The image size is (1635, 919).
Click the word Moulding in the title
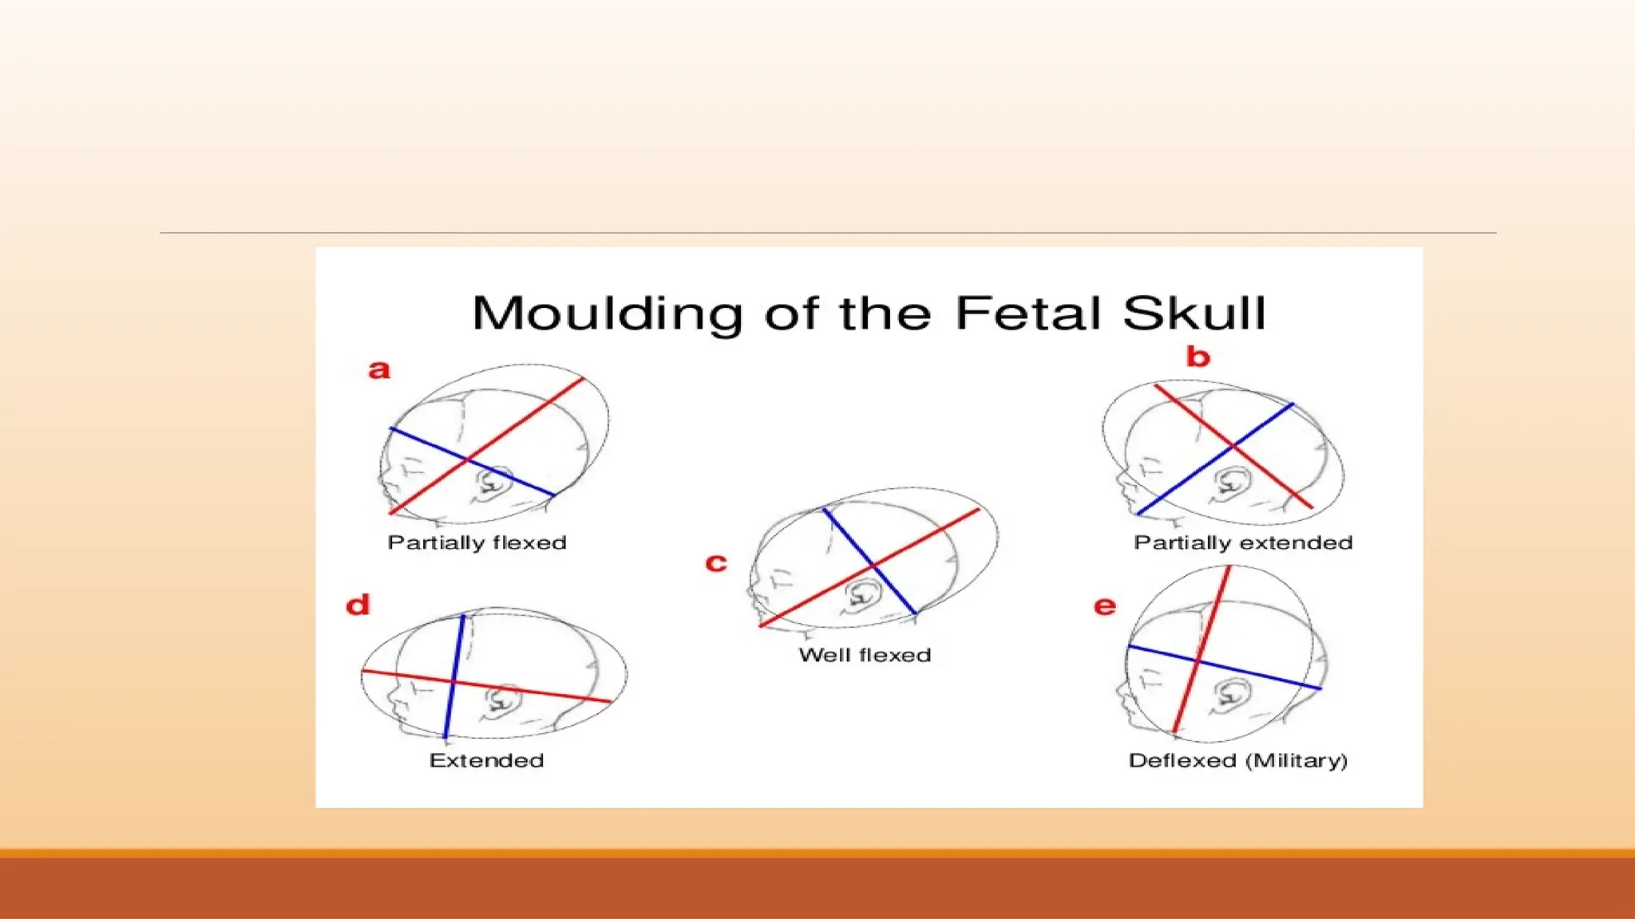click(608, 313)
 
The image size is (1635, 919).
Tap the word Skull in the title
click(1194, 313)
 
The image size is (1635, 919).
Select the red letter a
click(379, 369)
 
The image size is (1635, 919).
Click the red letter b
click(1198, 357)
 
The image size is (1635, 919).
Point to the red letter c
click(716, 563)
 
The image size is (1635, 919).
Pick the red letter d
click(358, 605)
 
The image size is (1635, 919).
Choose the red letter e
click(1105, 606)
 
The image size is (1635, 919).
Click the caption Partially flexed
click(477, 542)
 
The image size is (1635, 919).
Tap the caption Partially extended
click(1243, 542)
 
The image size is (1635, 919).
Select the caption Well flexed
click(865, 655)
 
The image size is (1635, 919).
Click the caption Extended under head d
click(486, 760)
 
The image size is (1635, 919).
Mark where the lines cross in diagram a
click(469, 459)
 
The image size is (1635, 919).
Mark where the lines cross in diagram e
click(1198, 661)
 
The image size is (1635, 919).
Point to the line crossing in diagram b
click(1233, 445)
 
